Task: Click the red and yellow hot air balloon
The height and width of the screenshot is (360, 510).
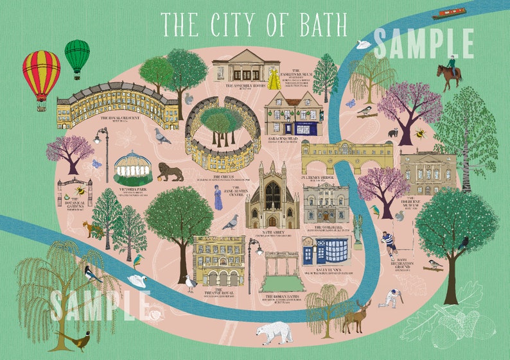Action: (41, 72)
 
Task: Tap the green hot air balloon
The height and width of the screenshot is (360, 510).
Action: (77, 56)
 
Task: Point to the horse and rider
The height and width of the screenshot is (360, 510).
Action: (450, 74)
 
